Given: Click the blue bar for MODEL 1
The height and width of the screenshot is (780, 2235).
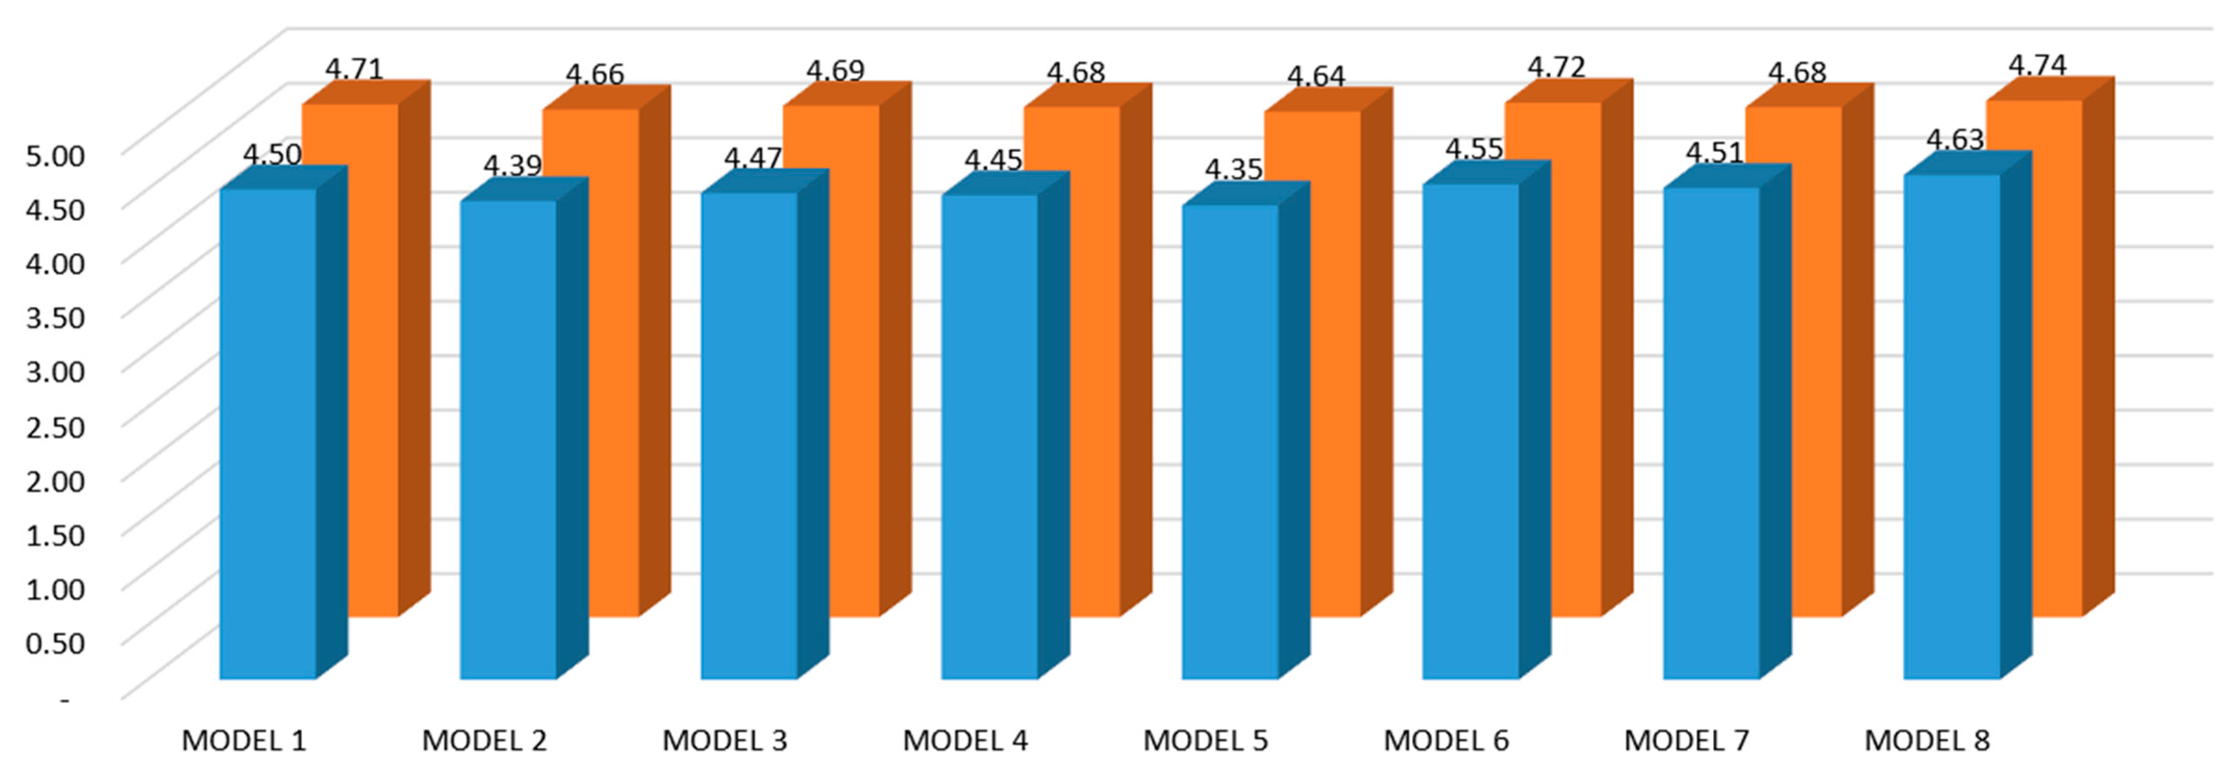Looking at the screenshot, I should tap(267, 434).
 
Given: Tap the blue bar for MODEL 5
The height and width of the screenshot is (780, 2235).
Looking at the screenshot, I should tap(1229, 443).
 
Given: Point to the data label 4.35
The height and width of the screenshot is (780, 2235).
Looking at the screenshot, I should tap(1233, 169).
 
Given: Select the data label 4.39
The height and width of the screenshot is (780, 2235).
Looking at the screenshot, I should tap(512, 165).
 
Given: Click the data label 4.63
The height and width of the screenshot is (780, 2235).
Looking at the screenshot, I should tap(1955, 140).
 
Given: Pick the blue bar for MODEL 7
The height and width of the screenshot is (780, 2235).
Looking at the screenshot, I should tap(1711, 434).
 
